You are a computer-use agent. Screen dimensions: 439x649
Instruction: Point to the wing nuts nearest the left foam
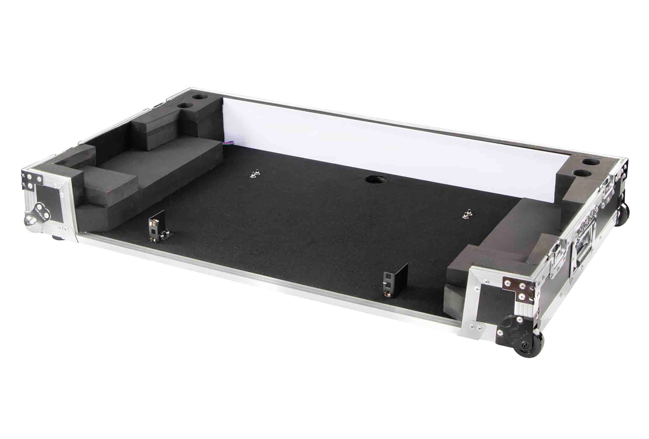tap(254, 174)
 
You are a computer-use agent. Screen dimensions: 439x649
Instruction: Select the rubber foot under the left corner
tap(59, 238)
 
